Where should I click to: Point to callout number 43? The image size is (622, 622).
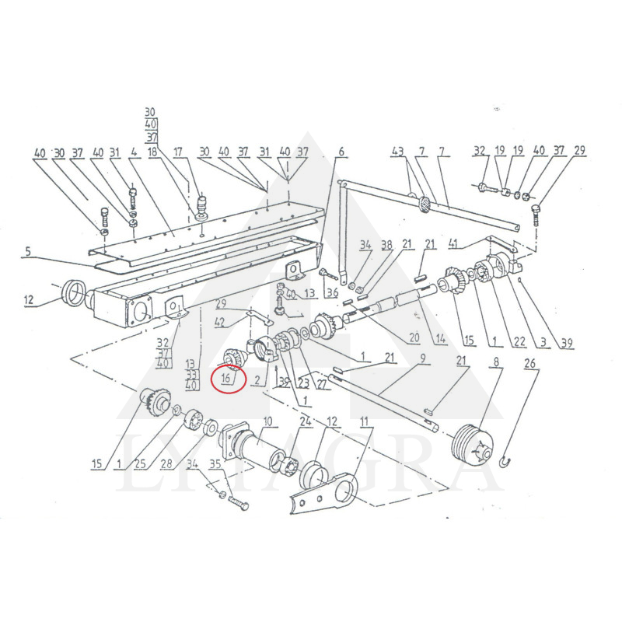tap(398, 150)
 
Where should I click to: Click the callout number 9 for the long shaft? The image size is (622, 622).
tap(423, 359)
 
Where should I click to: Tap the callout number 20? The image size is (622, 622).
tap(414, 338)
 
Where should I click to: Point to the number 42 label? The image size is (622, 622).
tap(220, 321)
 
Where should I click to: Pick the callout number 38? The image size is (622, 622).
tap(386, 245)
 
